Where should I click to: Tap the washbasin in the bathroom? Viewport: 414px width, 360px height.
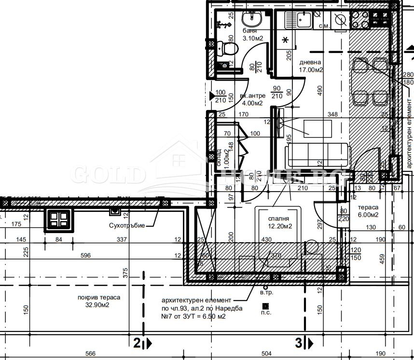coord(251,20)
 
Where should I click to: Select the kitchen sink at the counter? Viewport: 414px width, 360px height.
coord(304,20)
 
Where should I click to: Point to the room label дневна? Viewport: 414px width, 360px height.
coord(310,62)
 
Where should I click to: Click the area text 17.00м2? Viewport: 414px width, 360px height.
coord(311,69)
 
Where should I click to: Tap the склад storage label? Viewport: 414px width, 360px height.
coord(219,157)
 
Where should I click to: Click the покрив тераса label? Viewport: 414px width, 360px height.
coord(99,297)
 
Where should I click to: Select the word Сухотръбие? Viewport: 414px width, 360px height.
coord(126,225)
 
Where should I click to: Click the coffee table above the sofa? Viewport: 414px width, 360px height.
coord(317,128)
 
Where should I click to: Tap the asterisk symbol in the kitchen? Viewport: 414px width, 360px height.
coord(285,40)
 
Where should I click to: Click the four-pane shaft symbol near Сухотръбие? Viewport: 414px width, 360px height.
coord(58,220)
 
